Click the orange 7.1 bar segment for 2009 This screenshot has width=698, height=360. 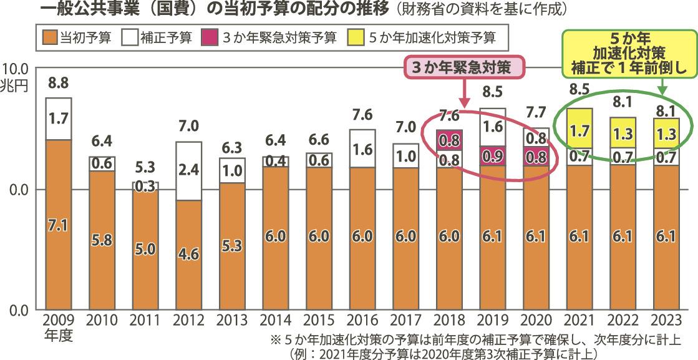click(58, 225)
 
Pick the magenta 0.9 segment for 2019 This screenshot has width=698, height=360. click(493, 156)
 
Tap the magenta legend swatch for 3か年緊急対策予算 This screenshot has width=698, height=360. click(209, 37)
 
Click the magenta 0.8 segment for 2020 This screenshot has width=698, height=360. click(536, 155)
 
